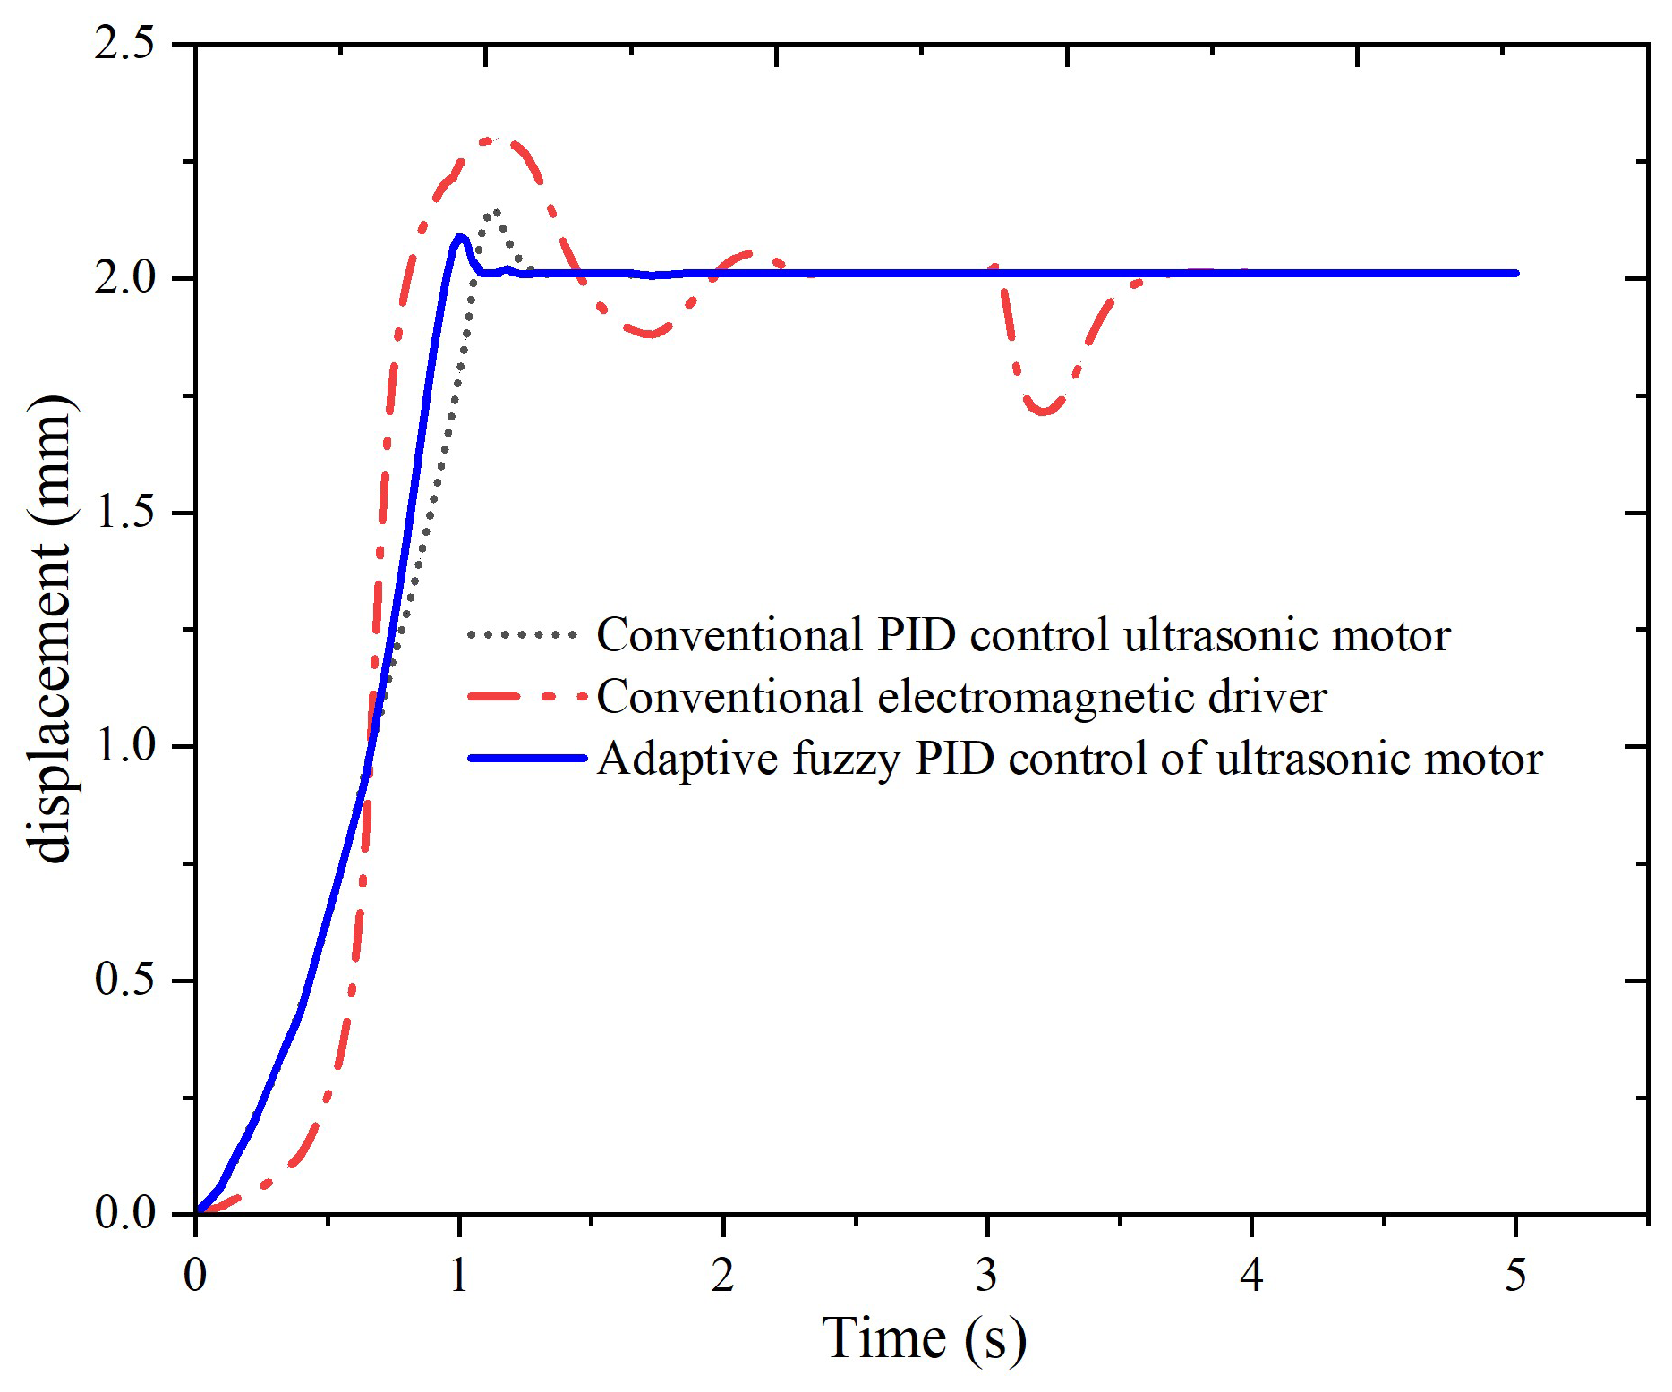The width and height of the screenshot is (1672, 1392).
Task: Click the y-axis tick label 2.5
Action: [x=124, y=45]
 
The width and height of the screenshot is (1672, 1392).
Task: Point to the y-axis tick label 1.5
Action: [x=124, y=513]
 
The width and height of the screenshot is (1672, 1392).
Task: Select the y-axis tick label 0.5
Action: [x=124, y=980]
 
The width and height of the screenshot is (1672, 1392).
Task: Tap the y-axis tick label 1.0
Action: [x=124, y=746]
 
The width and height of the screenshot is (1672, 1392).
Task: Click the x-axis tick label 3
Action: [x=986, y=1274]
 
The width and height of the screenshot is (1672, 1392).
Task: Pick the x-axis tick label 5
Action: [x=1514, y=1274]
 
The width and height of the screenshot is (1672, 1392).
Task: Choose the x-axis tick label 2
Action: [x=722, y=1274]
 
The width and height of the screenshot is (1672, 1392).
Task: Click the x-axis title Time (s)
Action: [x=924, y=1338]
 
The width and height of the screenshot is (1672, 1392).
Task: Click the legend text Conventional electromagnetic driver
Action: [x=961, y=697]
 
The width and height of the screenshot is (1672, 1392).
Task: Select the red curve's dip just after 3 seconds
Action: [x=1045, y=412]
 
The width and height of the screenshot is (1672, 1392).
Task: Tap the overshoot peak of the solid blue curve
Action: [x=460, y=237]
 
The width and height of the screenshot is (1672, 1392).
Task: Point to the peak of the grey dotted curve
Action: [x=493, y=211]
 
